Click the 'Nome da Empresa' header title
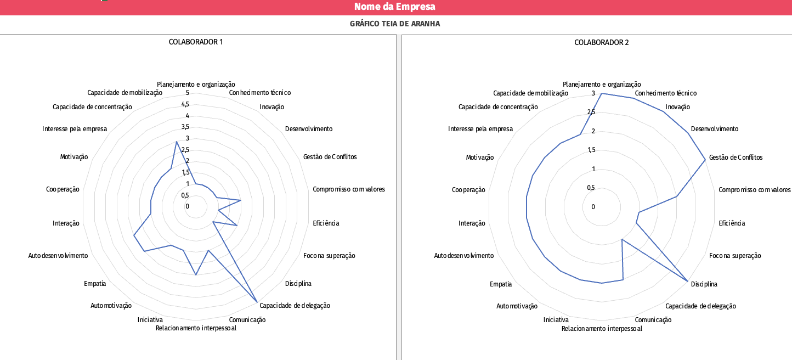click(395, 7)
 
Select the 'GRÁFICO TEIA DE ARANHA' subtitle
click(395, 24)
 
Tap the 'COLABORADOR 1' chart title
click(196, 42)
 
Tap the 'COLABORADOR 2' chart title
click(602, 42)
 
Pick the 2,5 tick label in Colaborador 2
click(590, 113)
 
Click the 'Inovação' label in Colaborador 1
click(271, 107)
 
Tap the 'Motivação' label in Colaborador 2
click(479, 157)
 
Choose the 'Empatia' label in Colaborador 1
click(95, 284)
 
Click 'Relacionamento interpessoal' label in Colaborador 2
click(602, 329)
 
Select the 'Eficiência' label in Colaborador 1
click(326, 223)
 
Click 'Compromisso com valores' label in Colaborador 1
click(349, 189)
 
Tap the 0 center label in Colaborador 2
click(593, 207)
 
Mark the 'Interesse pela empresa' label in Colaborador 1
click(75, 129)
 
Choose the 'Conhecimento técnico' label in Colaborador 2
click(666, 93)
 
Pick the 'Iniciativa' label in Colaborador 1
click(150, 320)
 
